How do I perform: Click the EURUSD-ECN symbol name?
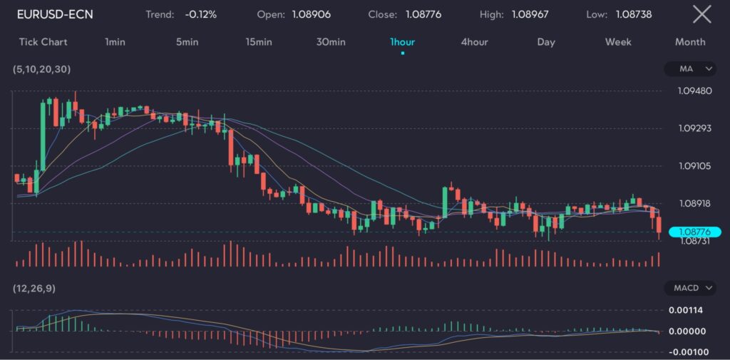(55, 14)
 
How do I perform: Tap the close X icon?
(701, 14)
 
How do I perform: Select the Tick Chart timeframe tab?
(43, 42)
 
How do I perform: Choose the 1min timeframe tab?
(115, 42)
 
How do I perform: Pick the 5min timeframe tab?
(187, 42)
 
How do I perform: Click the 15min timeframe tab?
(259, 42)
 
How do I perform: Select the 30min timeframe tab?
(331, 42)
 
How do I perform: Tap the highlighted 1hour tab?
(403, 42)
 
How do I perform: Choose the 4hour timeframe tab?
(474, 42)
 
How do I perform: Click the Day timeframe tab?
(546, 42)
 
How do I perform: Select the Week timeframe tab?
(618, 42)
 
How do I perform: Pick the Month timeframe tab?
(690, 42)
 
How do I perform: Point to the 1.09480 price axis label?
(696, 91)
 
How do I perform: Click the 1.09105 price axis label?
(696, 166)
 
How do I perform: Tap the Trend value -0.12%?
(200, 14)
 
